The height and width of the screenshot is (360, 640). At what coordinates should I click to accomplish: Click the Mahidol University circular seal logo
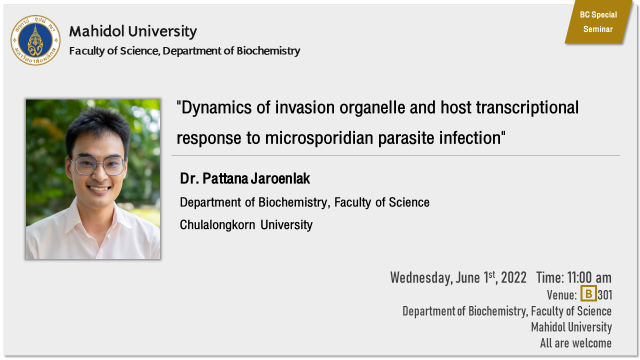(35, 40)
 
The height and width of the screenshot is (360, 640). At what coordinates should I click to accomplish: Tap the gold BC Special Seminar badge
(598, 22)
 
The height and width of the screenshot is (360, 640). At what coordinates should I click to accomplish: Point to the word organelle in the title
(372, 108)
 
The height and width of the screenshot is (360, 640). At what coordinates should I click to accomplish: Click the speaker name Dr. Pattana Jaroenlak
(245, 178)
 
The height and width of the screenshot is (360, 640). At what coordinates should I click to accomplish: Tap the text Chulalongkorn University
(246, 225)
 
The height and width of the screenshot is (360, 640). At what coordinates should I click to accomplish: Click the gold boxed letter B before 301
(588, 293)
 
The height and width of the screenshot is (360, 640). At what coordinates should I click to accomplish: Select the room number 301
(605, 295)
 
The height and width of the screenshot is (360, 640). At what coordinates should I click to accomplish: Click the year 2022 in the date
(513, 277)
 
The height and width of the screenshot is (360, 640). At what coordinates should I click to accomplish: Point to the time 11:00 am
(589, 277)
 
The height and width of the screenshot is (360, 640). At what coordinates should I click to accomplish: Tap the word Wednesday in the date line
(421, 277)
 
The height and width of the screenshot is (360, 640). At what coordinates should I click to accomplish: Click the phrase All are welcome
(575, 343)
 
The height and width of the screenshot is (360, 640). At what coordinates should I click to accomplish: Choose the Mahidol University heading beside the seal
(133, 31)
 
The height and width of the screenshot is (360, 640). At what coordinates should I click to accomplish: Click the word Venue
(561, 295)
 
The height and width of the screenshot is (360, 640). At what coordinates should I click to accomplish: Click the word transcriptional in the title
(527, 108)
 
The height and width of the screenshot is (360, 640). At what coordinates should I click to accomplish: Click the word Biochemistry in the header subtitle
(268, 51)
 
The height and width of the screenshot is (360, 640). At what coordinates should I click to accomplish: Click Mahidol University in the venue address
(571, 327)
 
